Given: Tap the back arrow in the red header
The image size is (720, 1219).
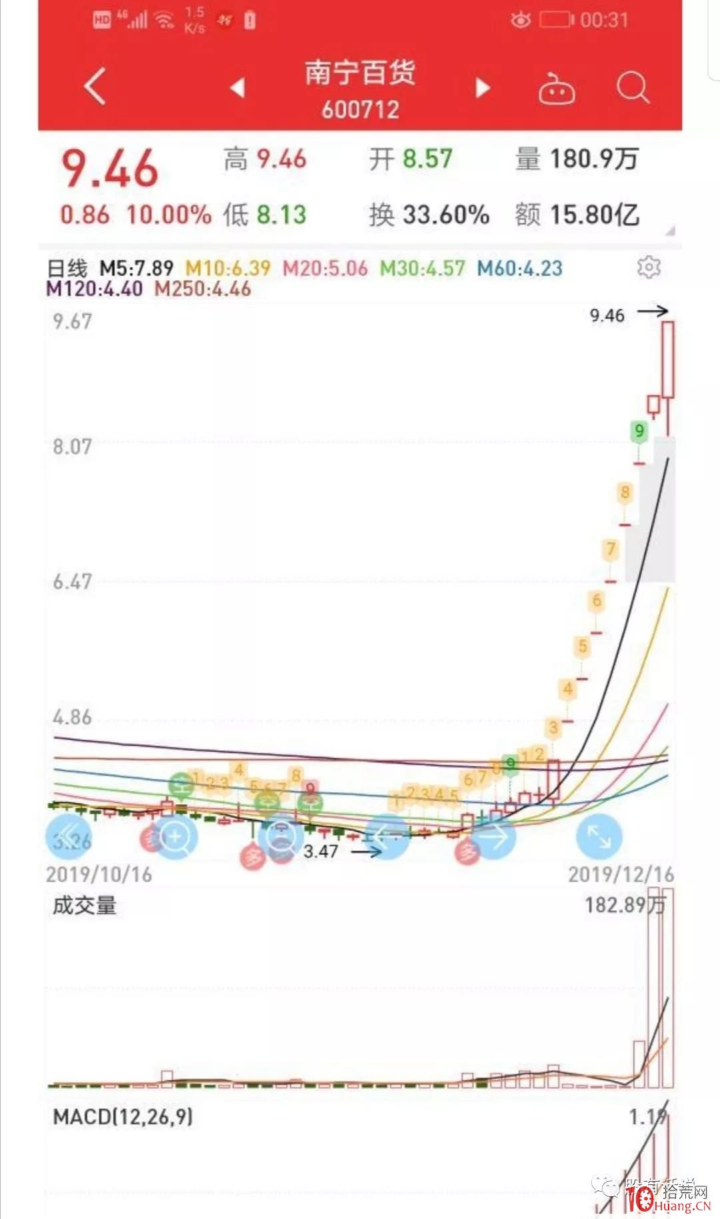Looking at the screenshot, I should [x=95, y=87].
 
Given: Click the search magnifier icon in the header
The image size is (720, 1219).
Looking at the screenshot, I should [x=632, y=87].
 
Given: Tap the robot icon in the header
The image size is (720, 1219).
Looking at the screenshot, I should [x=557, y=89].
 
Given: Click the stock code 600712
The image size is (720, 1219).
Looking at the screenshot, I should [x=360, y=109].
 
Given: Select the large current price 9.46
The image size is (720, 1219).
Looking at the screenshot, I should [x=110, y=169].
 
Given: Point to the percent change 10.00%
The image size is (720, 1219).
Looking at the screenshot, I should [x=169, y=215].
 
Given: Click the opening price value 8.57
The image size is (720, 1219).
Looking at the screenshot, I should [x=427, y=159].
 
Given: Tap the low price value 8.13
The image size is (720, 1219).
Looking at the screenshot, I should [x=281, y=215].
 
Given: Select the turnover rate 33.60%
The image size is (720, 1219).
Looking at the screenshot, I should [x=446, y=215].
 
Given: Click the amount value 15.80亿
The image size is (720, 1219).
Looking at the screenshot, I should [x=594, y=215].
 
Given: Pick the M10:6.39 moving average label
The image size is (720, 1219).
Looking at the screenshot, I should [x=228, y=268].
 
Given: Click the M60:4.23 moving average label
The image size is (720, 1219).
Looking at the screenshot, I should [x=520, y=268].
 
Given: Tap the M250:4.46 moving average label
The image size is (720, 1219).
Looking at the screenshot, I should [x=203, y=289].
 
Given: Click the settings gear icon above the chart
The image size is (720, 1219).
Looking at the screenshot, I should [x=649, y=267].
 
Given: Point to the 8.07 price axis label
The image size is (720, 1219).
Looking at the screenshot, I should [x=73, y=446].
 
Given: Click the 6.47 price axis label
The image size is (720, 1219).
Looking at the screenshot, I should [x=73, y=581].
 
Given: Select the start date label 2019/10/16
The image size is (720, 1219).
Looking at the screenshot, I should [x=99, y=874].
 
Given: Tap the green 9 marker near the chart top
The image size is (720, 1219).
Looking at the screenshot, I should [x=639, y=431].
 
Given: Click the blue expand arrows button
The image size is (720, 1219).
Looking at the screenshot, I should [x=599, y=837].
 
